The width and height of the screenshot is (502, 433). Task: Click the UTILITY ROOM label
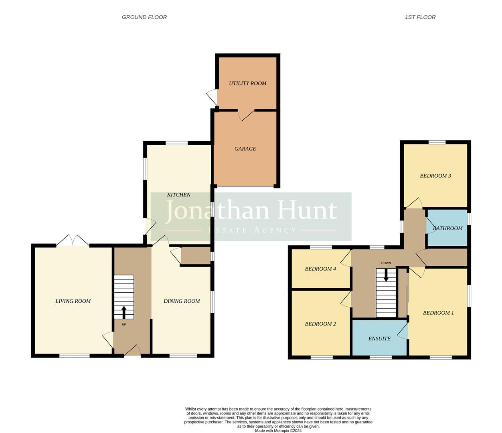coord(247,83)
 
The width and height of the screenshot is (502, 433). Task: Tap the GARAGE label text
coord(245,149)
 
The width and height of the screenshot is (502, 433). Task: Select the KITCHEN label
coord(178,195)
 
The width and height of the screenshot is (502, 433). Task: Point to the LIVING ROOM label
coord(73,301)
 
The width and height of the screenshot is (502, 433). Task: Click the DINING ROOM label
coord(182,301)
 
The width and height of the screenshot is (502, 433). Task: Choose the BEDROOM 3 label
coord(435,176)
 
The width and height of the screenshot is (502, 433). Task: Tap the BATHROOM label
coord(448,228)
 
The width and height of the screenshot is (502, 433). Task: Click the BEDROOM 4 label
coord(320,269)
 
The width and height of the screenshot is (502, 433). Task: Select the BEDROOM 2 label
coord(320,324)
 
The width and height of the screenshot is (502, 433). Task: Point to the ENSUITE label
coord(379,339)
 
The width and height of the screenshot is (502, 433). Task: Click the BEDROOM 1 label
coord(438,313)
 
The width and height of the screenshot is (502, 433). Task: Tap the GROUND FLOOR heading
coord(144,17)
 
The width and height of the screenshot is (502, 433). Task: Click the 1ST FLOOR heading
coord(420,17)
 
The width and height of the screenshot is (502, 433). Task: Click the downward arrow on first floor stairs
coord(386,275)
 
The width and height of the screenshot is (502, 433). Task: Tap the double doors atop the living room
coord(73,241)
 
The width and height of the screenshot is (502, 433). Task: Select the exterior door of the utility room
coord(212,97)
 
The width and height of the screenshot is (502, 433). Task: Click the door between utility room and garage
coord(246,115)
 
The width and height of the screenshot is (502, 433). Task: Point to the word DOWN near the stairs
coord(386,263)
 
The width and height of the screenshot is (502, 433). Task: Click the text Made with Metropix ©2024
coord(278,431)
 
